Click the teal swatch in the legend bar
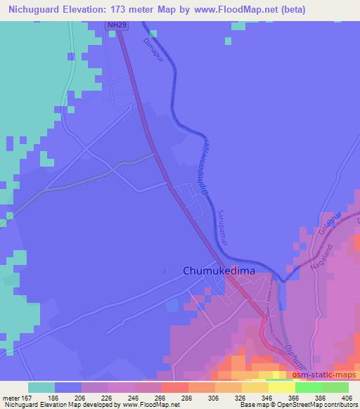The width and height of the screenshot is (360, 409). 41,387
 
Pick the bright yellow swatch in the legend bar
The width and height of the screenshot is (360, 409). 281,387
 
